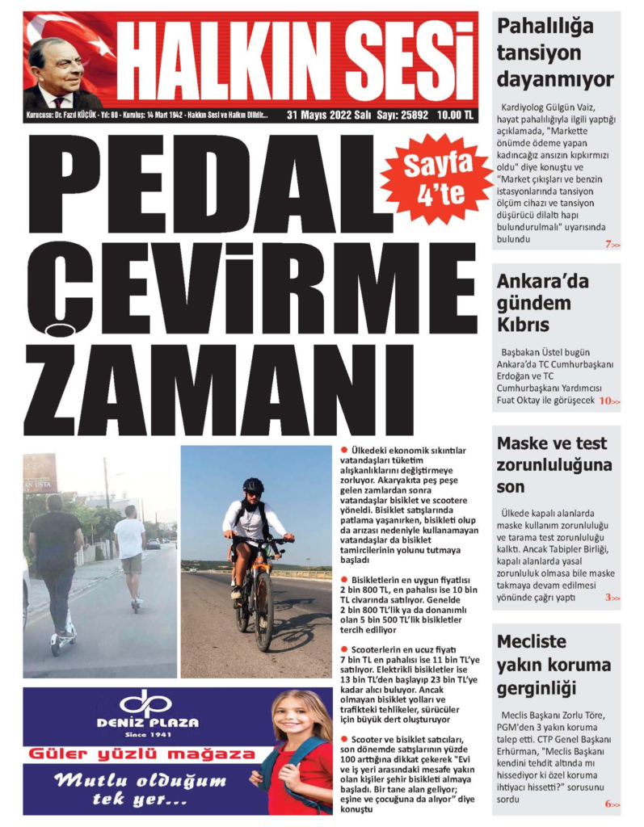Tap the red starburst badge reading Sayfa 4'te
point(437,178)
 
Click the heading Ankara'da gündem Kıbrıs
point(534,304)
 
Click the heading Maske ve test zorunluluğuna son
point(554,465)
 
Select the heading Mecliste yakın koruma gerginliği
point(554,665)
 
